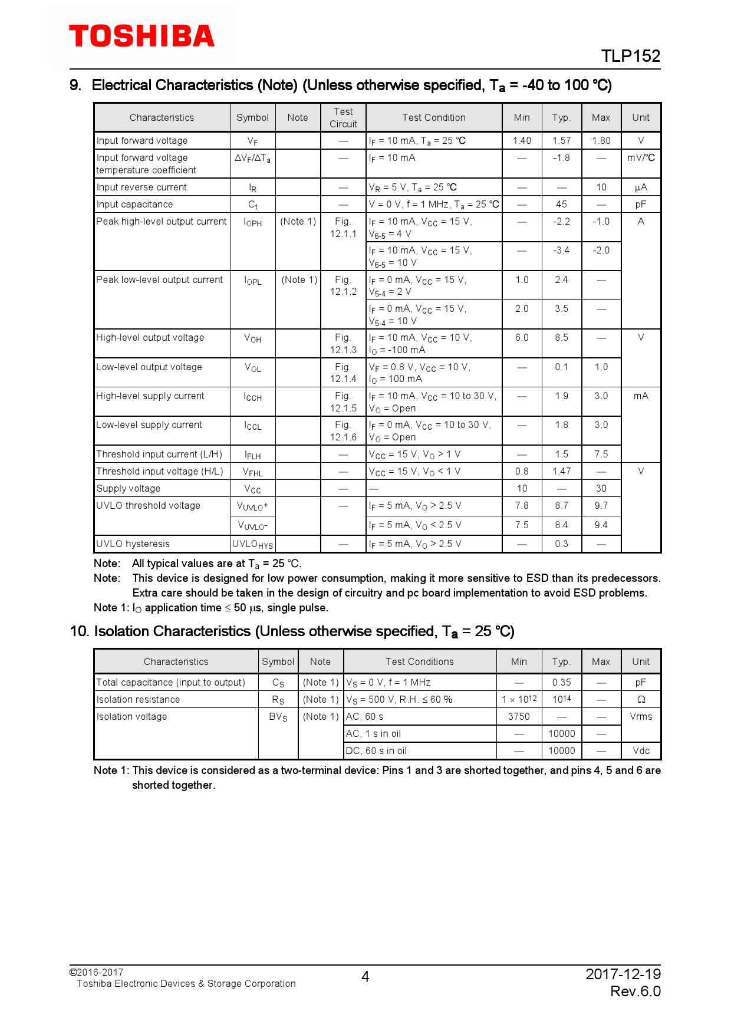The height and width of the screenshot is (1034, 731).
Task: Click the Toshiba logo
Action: click(x=141, y=36)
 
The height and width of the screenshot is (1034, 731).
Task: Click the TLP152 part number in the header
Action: click(x=630, y=56)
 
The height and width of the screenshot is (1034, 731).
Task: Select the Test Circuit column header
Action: click(x=343, y=117)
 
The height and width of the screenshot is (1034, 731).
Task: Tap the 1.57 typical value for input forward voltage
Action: click(x=561, y=140)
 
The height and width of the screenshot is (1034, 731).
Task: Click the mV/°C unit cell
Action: click(x=641, y=157)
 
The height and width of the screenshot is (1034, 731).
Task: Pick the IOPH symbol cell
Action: click(x=252, y=222)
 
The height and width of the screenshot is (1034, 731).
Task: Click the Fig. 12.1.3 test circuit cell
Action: click(x=343, y=343)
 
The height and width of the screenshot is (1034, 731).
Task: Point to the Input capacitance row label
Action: click(x=134, y=204)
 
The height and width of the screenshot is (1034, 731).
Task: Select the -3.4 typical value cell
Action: click(x=561, y=250)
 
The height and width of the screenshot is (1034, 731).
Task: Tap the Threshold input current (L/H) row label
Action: click(x=159, y=454)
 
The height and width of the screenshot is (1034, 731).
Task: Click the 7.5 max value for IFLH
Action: click(x=601, y=454)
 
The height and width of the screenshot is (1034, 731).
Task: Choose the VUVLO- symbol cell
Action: click(x=252, y=525)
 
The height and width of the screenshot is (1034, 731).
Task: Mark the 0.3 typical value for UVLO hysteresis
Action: click(x=561, y=544)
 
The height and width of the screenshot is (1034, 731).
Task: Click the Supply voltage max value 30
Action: click(x=601, y=488)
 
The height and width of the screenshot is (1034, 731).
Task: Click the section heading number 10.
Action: click(x=79, y=631)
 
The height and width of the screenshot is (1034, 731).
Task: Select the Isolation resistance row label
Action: click(x=138, y=699)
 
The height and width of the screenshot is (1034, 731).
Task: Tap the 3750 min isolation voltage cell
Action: click(x=519, y=716)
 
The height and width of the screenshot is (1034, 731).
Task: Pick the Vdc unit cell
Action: click(x=641, y=750)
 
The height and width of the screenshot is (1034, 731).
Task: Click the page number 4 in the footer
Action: click(x=365, y=977)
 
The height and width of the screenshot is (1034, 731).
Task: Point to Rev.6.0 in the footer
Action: click(x=635, y=991)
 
